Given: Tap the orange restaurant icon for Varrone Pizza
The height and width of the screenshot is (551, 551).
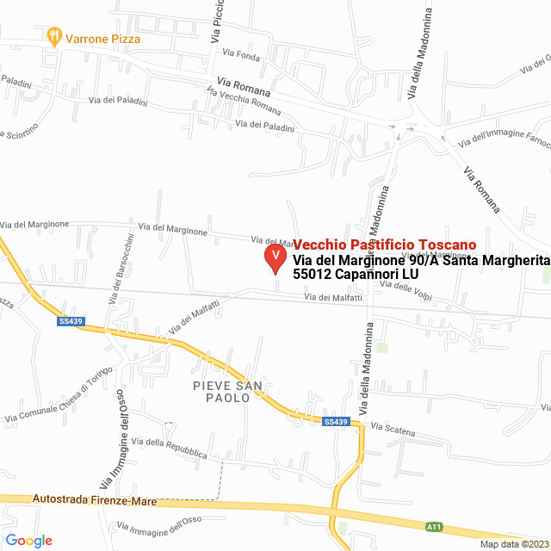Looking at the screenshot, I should (55, 36).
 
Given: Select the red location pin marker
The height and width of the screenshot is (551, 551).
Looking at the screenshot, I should (275, 257).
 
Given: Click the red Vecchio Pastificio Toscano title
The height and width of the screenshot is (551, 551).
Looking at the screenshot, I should (384, 245).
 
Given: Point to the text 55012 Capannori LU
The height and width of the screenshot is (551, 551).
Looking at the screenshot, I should (356, 274).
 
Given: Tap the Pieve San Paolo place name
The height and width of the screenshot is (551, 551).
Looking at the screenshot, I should (228, 392).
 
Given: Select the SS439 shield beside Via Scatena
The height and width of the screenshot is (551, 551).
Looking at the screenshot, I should (336, 422).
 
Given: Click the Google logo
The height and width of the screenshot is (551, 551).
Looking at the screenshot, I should (28, 541).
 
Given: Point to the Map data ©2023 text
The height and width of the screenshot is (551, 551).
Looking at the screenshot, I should (513, 544).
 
